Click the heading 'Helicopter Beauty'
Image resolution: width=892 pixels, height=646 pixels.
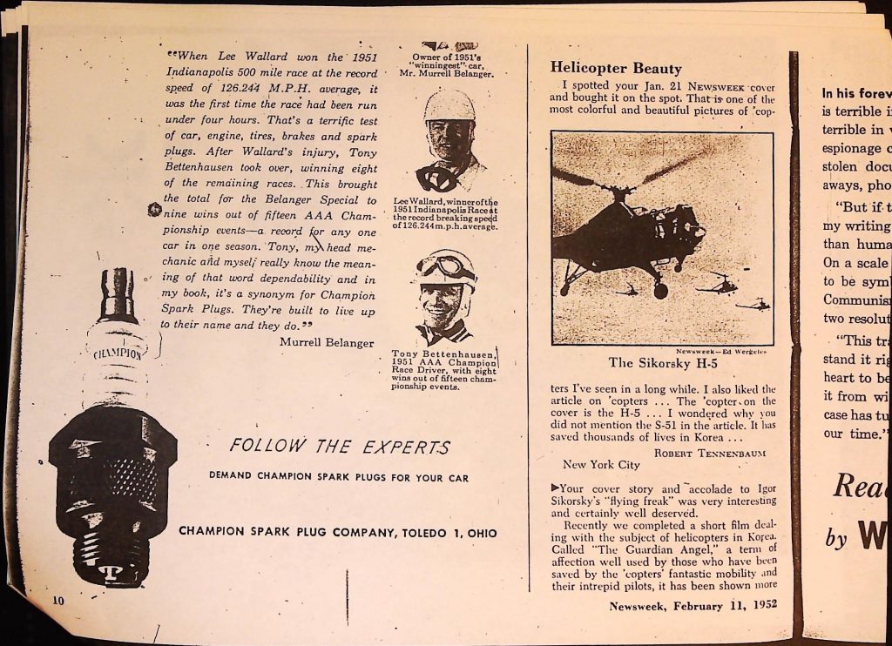(616, 69)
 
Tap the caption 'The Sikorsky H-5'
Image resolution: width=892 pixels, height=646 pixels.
(662, 363)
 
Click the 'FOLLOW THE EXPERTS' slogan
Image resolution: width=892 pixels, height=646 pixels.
(340, 447)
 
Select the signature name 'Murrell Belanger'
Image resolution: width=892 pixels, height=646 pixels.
(327, 341)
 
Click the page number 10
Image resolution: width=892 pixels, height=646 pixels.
(58, 599)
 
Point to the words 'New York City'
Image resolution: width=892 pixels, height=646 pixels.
(601, 465)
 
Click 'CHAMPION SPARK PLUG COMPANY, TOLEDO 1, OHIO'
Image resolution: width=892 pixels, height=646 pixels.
(339, 531)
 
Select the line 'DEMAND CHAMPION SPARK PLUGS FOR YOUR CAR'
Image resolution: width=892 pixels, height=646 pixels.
(339, 476)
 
